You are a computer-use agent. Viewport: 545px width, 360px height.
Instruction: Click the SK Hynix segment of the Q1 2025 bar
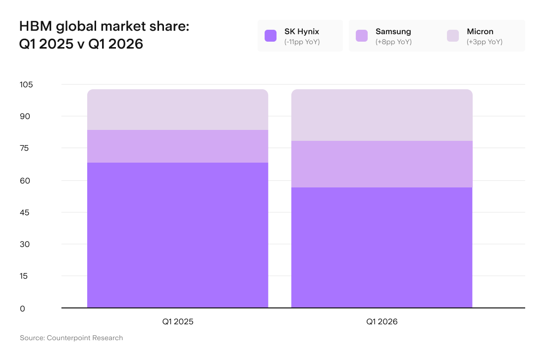(177, 235)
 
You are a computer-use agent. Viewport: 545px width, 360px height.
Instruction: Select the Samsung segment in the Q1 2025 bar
(177, 146)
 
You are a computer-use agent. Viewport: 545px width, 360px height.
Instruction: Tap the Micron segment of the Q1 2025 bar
(177, 110)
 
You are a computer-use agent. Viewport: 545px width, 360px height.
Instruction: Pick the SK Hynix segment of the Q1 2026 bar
(381, 247)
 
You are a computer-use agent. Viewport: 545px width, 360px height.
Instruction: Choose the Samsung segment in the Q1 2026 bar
(381, 164)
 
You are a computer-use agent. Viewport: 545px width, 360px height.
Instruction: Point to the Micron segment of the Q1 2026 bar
(381, 115)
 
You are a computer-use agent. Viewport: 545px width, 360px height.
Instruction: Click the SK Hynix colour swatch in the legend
(271, 36)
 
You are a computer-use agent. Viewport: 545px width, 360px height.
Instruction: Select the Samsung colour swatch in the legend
(362, 36)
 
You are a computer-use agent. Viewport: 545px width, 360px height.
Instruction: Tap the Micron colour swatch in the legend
(453, 36)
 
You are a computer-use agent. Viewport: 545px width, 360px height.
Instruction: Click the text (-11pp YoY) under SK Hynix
(302, 42)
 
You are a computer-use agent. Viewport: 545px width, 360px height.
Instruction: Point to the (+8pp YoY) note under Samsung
(393, 42)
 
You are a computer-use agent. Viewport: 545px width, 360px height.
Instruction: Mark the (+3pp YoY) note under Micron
(485, 42)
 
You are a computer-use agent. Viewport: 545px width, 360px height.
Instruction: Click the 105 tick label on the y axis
(26, 84)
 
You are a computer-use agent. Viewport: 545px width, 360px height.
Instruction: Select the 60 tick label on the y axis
(25, 181)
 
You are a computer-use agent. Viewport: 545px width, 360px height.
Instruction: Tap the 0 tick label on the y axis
(23, 309)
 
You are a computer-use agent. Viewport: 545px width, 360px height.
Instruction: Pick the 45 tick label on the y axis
(25, 213)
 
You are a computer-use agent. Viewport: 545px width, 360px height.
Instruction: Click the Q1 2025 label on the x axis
(177, 322)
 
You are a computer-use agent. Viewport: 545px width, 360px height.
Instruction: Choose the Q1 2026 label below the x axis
(381, 322)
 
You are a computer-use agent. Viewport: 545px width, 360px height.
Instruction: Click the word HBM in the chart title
(36, 26)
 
